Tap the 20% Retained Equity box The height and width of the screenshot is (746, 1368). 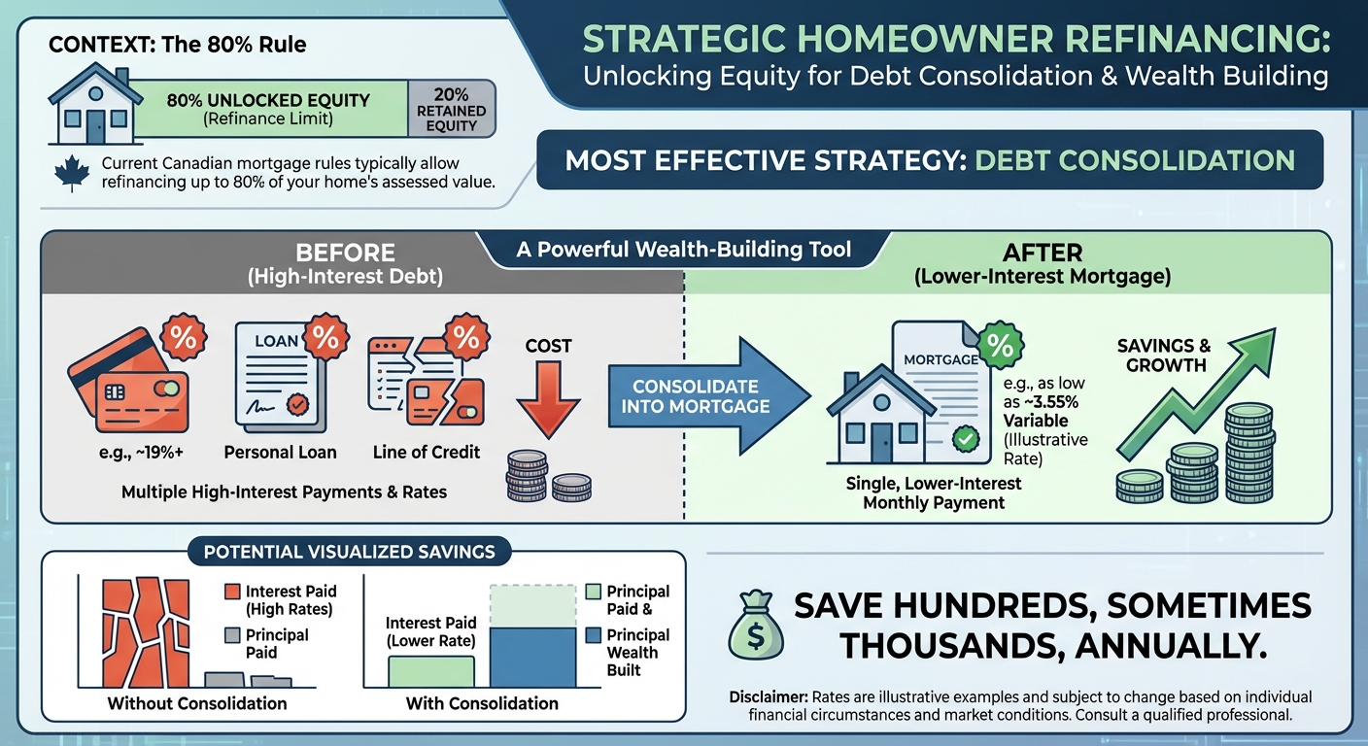(451, 108)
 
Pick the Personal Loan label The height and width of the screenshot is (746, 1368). (280, 452)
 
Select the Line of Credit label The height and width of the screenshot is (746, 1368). (426, 452)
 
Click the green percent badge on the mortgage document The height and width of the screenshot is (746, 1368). (1001, 347)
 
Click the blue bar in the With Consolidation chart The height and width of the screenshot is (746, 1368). (533, 657)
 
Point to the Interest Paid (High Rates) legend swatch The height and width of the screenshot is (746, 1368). (231, 592)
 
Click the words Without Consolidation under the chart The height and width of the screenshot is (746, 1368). (197, 702)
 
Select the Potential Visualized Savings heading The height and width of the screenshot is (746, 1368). (349, 553)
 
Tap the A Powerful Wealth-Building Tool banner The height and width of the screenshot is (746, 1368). (683, 250)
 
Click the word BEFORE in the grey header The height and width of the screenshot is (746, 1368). (345, 254)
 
